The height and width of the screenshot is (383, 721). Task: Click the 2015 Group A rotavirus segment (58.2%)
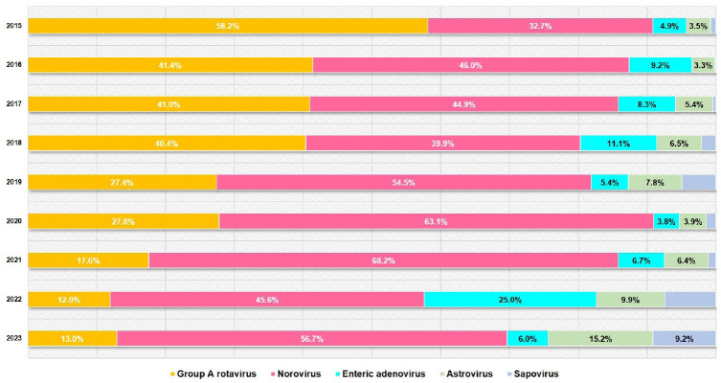click(x=228, y=26)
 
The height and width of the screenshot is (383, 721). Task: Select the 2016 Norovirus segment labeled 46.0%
click(x=471, y=65)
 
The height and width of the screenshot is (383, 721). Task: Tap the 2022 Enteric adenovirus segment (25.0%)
click(x=510, y=300)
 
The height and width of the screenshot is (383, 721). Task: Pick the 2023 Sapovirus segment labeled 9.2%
click(x=685, y=339)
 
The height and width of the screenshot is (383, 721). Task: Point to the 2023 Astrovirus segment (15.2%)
click(x=600, y=339)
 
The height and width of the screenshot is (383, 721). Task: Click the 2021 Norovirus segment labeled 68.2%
click(x=384, y=260)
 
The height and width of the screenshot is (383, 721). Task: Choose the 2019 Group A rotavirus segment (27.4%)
click(x=123, y=183)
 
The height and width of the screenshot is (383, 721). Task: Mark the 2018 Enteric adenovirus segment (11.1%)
click(x=619, y=144)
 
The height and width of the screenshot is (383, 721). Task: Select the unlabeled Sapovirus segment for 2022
click(x=690, y=300)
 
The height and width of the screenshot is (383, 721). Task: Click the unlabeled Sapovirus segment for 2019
click(x=699, y=183)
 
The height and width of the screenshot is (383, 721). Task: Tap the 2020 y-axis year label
click(x=13, y=221)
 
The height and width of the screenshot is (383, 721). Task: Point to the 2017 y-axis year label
click(x=13, y=104)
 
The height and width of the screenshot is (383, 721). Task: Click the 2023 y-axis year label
click(x=13, y=338)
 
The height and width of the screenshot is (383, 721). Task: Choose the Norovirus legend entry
click(x=296, y=374)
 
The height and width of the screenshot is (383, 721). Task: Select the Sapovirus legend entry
click(x=532, y=374)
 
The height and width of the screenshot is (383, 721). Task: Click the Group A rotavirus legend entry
click(x=213, y=374)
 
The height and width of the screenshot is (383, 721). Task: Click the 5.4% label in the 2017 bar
click(x=694, y=104)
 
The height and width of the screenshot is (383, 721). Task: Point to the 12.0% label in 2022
click(x=69, y=301)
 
